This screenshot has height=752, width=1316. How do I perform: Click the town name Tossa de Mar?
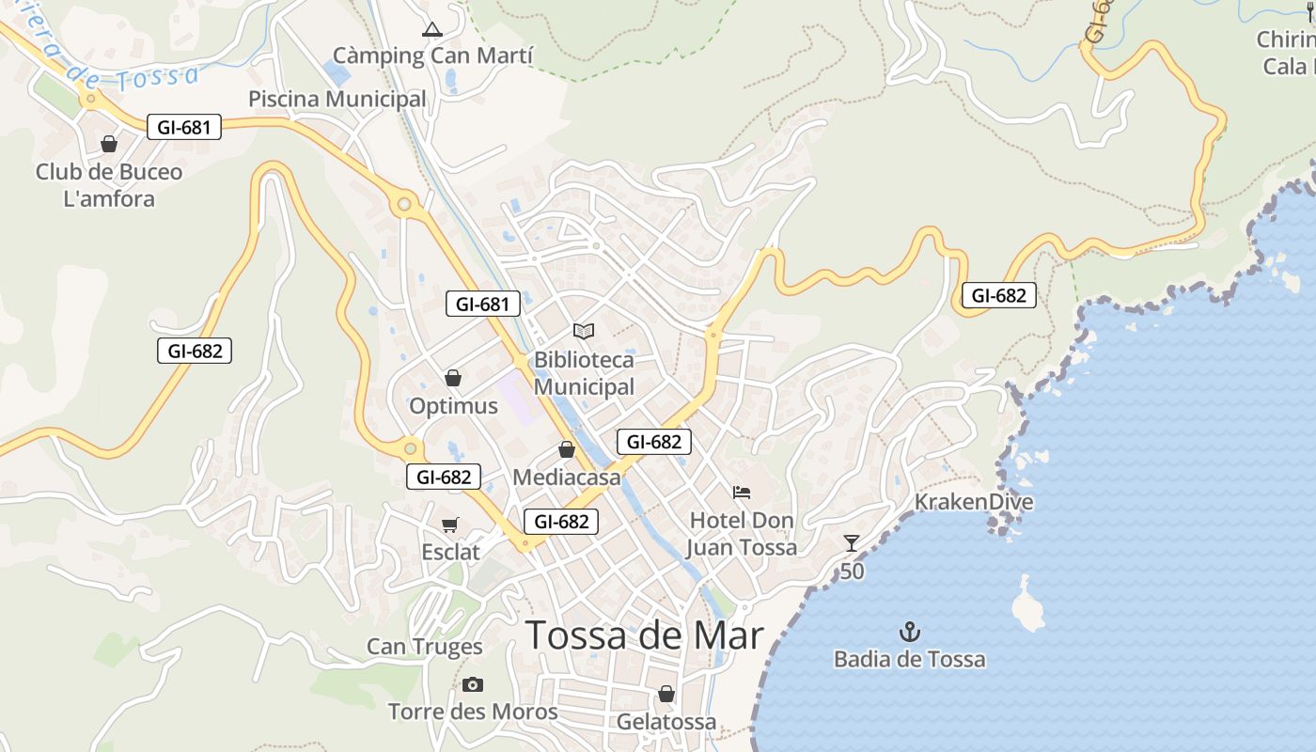[x=644, y=636]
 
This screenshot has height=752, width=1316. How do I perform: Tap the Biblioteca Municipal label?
[x=584, y=373]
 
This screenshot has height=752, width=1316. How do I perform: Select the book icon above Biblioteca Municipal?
[x=584, y=331]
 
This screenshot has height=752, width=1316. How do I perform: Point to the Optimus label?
[x=453, y=406]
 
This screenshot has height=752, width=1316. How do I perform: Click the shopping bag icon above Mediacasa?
[x=567, y=450]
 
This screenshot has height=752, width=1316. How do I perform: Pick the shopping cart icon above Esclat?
[x=451, y=525]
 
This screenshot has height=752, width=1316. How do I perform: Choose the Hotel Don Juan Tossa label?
[x=742, y=534]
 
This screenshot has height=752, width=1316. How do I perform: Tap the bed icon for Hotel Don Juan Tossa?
[x=742, y=492]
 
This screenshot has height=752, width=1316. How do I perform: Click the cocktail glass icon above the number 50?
[x=852, y=542]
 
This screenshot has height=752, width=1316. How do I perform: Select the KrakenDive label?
[x=974, y=502]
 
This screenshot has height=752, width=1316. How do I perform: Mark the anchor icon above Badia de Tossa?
[x=910, y=631]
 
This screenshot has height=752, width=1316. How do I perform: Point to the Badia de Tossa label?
[x=910, y=659]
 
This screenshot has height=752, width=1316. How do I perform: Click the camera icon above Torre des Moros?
[x=473, y=684]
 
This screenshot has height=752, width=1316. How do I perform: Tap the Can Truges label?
[x=424, y=647]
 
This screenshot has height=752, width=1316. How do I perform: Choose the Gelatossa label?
[x=666, y=722]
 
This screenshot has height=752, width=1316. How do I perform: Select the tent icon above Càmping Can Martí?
[x=432, y=29]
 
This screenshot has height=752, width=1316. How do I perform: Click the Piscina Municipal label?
[x=337, y=99]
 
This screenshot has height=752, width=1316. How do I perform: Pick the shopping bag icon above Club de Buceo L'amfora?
[x=109, y=144]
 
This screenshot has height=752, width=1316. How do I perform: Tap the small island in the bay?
[x=1027, y=604]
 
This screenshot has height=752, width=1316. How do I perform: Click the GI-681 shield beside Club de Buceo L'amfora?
[x=183, y=127]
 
